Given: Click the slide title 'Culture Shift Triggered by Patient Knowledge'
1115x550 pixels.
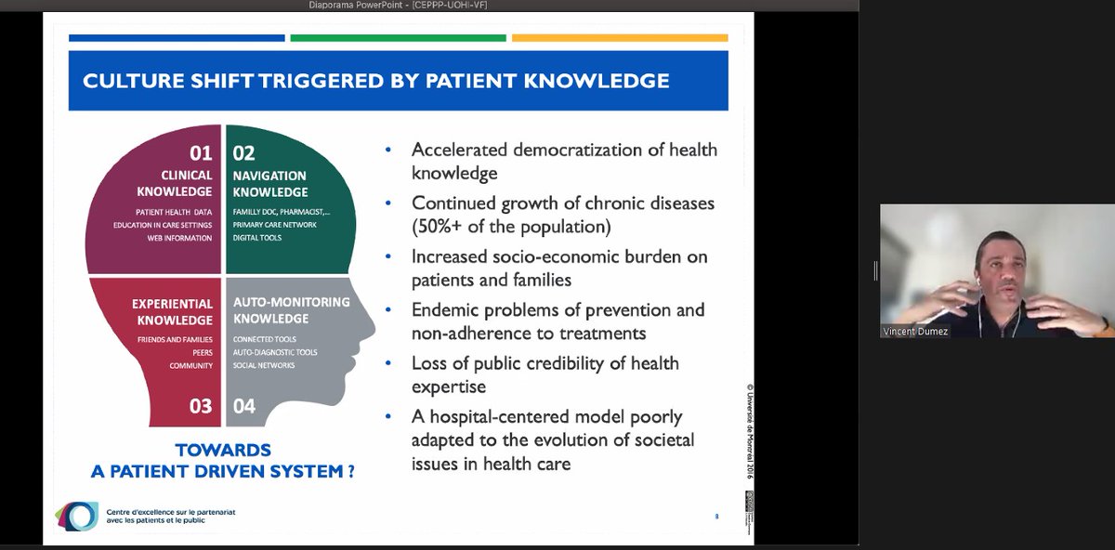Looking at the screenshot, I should click(x=375, y=81).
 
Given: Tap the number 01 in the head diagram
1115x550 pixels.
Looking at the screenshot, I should click(x=200, y=153).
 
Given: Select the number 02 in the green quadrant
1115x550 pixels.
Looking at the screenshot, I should click(x=244, y=153).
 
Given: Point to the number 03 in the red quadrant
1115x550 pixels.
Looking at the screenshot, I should click(x=200, y=406).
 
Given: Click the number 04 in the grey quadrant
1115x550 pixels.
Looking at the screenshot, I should click(x=244, y=406).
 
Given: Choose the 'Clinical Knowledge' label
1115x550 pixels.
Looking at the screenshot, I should click(x=186, y=184).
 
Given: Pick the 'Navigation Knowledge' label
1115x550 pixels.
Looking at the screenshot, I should click(x=270, y=184).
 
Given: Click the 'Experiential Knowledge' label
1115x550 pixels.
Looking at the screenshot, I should click(x=172, y=311).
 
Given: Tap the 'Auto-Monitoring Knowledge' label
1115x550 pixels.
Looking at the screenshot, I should click(x=291, y=310).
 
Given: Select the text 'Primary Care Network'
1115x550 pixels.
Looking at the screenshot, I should click(x=275, y=225).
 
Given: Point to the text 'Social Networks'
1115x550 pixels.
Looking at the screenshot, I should click(x=264, y=365).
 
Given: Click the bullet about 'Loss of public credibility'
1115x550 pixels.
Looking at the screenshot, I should click(x=544, y=373).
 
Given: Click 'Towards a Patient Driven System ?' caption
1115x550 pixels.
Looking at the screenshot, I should click(x=222, y=461).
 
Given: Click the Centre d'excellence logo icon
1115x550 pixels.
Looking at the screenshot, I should click(x=76, y=516).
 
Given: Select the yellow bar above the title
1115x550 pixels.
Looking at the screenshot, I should click(x=620, y=38).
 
